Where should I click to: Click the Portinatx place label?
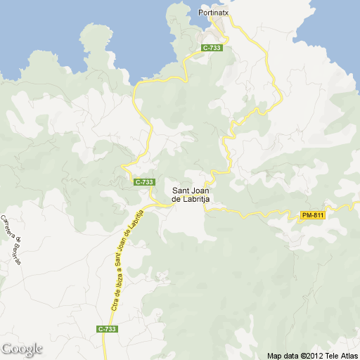(x=214, y=13)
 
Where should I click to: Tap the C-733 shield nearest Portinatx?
(x=212, y=48)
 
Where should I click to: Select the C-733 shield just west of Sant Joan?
(x=143, y=182)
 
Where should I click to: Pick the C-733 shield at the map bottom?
(x=107, y=329)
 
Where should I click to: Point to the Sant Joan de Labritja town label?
(x=191, y=193)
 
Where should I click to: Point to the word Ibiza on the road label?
(x=119, y=279)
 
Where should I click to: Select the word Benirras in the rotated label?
(x=16, y=250)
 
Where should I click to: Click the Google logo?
(x=22, y=349)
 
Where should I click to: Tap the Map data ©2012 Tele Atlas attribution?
(x=312, y=355)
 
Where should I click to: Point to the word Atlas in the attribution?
(x=349, y=355)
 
